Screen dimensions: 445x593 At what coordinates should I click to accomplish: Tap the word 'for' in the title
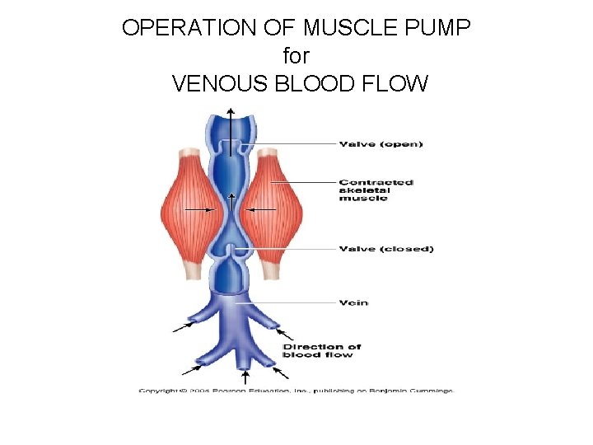[x=296, y=56]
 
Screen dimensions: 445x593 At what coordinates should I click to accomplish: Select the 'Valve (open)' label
[x=381, y=144]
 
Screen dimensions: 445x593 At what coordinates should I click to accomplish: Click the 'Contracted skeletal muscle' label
[x=376, y=190]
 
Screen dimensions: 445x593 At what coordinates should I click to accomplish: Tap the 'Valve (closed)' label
[x=385, y=249]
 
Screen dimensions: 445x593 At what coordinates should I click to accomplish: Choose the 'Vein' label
[x=353, y=302]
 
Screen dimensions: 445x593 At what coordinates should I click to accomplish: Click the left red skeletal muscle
[x=190, y=209]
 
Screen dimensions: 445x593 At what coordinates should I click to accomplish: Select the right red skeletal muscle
[x=274, y=209]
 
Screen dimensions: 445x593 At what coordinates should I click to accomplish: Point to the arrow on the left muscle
[x=199, y=210]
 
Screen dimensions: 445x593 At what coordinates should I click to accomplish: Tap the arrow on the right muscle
[x=264, y=210]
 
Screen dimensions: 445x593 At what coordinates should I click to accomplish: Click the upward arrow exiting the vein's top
[x=231, y=124]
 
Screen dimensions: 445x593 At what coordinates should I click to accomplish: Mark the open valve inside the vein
[x=232, y=148]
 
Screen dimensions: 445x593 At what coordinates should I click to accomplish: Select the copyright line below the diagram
[x=296, y=390]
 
